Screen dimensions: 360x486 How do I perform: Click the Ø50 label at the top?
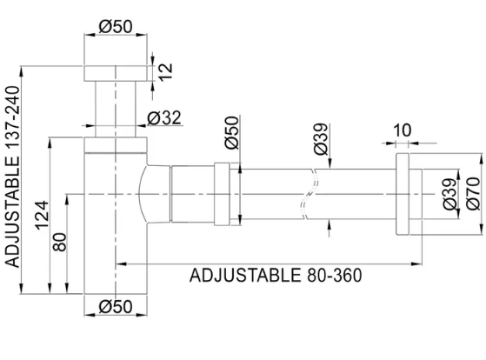coord(117,26)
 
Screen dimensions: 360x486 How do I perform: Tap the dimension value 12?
coord(165,69)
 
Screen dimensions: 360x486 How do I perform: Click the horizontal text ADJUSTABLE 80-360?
coord(275,275)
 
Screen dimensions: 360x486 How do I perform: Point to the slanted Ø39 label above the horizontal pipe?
coord(321,140)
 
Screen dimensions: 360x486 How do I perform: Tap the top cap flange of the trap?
coord(117,71)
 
